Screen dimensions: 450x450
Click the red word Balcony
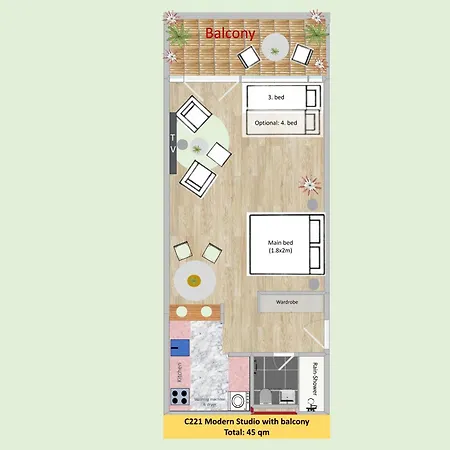[231, 33]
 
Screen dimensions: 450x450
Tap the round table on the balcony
[273, 55]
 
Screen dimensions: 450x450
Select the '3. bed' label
[278, 99]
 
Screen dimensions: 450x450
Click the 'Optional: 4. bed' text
[277, 122]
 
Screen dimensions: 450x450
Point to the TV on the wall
[173, 139]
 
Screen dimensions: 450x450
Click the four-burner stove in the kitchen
[180, 397]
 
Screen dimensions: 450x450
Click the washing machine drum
[238, 400]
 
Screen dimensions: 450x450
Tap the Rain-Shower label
[316, 380]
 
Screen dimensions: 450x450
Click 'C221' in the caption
[194, 421]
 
